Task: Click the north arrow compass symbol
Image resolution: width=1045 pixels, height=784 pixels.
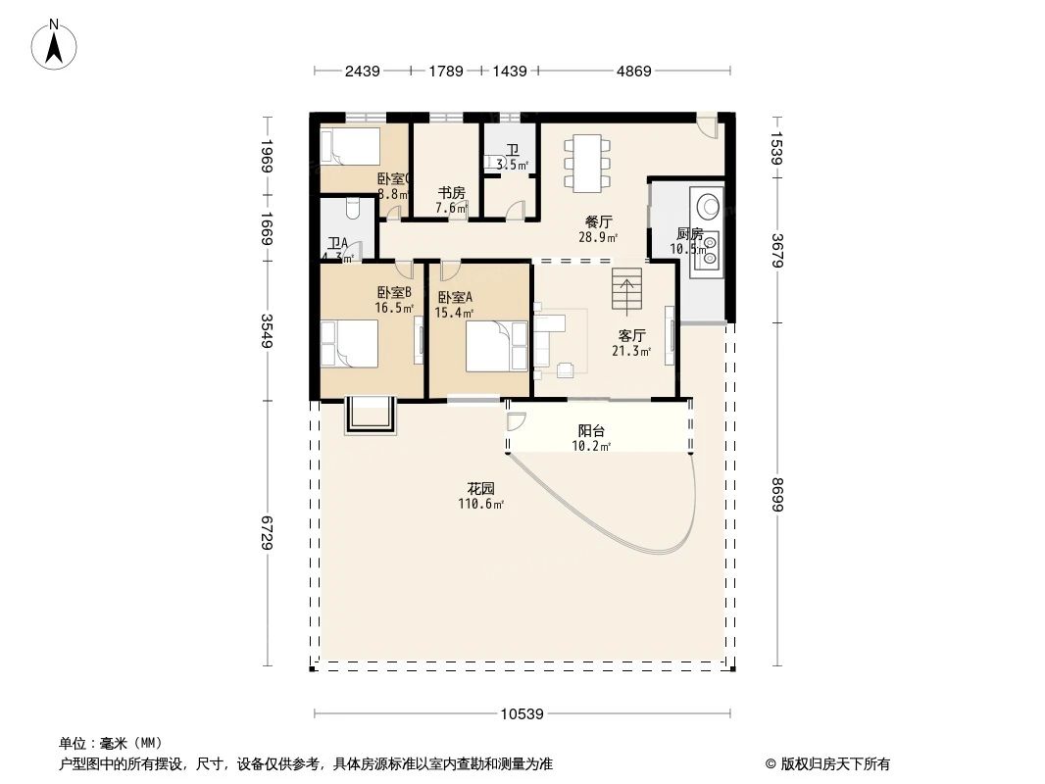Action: (x=55, y=43)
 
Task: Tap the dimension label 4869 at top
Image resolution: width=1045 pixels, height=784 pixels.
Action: (x=633, y=71)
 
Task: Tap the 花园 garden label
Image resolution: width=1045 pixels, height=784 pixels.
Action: (x=480, y=489)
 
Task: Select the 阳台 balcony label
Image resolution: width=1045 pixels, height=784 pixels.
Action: (x=591, y=431)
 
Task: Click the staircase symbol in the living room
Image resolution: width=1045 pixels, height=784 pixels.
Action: (x=626, y=290)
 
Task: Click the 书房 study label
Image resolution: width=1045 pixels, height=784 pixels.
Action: (x=451, y=193)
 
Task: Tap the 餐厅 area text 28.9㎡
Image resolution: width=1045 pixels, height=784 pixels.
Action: (x=598, y=237)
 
